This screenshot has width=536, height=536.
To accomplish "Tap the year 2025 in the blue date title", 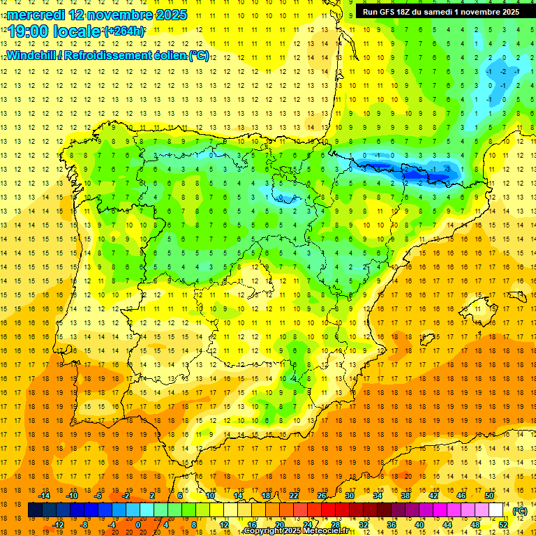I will (x=168, y=15).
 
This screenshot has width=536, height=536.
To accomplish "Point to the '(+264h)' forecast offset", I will (x=125, y=31).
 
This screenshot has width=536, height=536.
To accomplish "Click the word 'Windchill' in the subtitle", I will (x=33, y=55).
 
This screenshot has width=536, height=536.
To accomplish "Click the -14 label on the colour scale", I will (x=45, y=496).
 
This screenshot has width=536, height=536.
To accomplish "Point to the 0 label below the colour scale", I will (x=138, y=525).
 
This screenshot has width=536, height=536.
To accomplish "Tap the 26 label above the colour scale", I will (x=322, y=496).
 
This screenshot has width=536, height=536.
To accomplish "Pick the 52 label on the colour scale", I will (x=503, y=525).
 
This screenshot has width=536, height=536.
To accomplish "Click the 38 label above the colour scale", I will (x=405, y=496).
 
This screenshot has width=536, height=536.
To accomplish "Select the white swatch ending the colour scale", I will (x=496, y=510).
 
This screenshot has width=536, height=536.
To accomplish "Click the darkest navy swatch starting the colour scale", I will (x=35, y=510).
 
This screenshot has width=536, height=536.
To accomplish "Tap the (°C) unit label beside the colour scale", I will (x=519, y=510).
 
